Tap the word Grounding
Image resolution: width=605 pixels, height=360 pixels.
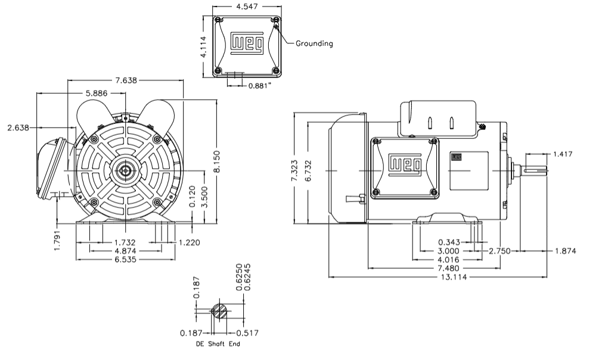click(x=314, y=44)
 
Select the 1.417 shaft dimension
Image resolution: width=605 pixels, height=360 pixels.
click(x=563, y=154)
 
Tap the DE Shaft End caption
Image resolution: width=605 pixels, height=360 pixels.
click(x=218, y=345)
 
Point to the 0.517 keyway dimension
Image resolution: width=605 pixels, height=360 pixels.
click(x=247, y=333)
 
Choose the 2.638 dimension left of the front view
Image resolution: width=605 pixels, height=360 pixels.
click(x=18, y=128)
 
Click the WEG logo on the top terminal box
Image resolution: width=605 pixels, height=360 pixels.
click(x=246, y=44)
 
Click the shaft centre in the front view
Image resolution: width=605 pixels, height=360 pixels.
click(x=125, y=172)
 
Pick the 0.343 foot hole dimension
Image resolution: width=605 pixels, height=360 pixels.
click(x=449, y=242)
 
